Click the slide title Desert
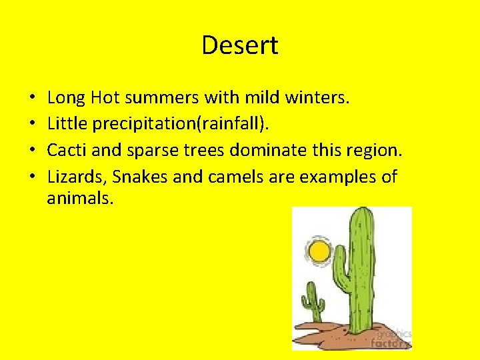[239, 45]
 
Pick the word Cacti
[67, 151]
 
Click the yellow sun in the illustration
[319, 251]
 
